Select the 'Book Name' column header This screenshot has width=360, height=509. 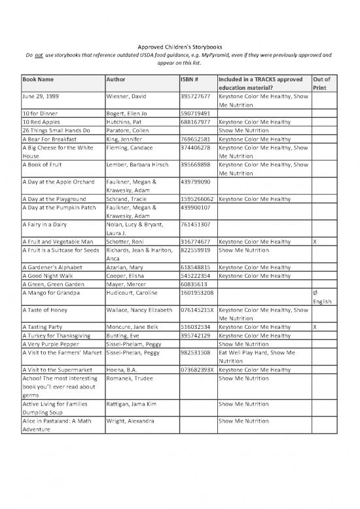(x=37, y=79)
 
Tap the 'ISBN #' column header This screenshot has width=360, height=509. (x=190, y=79)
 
